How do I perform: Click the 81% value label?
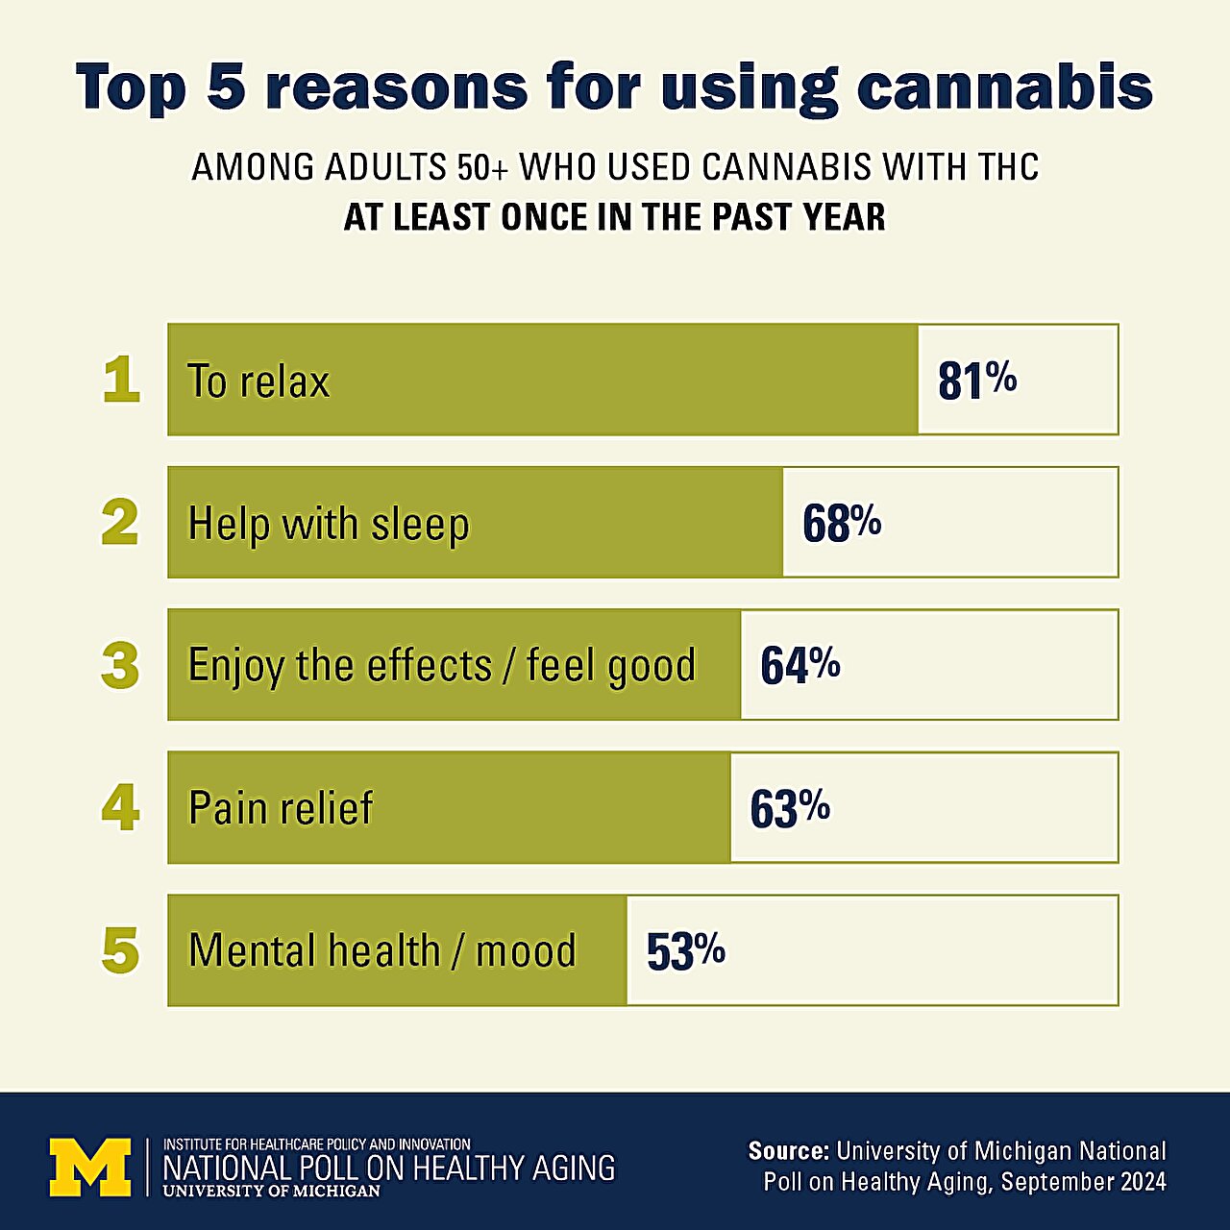tap(977, 381)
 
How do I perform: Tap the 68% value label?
tap(842, 524)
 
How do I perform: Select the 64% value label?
tap(800, 665)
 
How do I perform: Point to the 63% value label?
tap(790, 808)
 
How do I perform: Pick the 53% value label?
tap(686, 951)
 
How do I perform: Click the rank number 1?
tap(121, 381)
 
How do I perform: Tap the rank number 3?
tap(120, 665)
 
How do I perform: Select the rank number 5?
tap(120, 951)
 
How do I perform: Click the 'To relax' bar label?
tap(258, 381)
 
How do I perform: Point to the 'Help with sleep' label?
tap(329, 525)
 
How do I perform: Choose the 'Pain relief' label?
tap(281, 808)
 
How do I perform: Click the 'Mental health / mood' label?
tap(382, 951)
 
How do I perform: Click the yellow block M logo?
tap(90, 1167)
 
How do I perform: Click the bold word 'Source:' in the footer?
tap(788, 1151)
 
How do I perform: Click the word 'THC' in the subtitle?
tap(1008, 168)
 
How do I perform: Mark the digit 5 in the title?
tap(226, 87)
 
